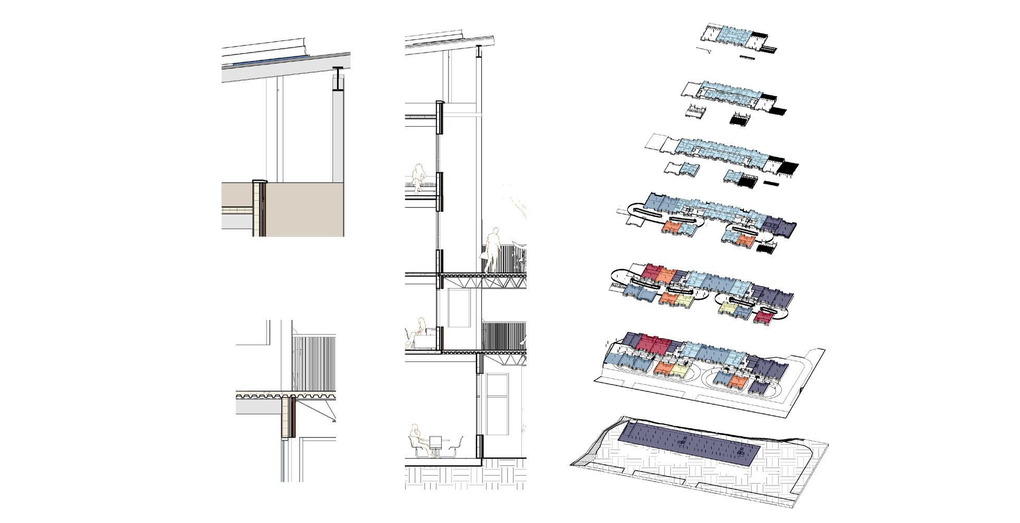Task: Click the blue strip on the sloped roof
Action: click(x=268, y=60)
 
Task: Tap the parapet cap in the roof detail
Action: click(x=259, y=182)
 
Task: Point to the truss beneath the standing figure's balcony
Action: click(x=482, y=283)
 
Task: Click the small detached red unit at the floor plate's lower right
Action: click(x=765, y=317)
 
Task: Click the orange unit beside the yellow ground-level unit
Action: click(x=662, y=368)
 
